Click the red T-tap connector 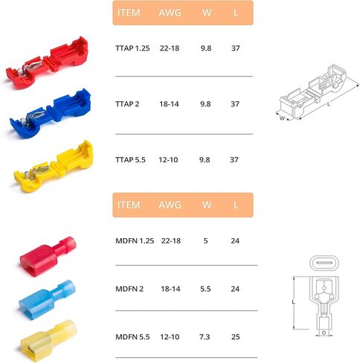point(47,62)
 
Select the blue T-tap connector point(51,113)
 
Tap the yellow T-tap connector point(54,166)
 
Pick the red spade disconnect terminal point(48,257)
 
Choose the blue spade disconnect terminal point(47,300)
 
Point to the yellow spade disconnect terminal point(48,341)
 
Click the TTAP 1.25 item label point(132,48)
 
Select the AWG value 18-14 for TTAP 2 point(169,104)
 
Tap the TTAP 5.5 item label point(130,160)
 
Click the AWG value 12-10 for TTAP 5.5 point(168,160)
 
